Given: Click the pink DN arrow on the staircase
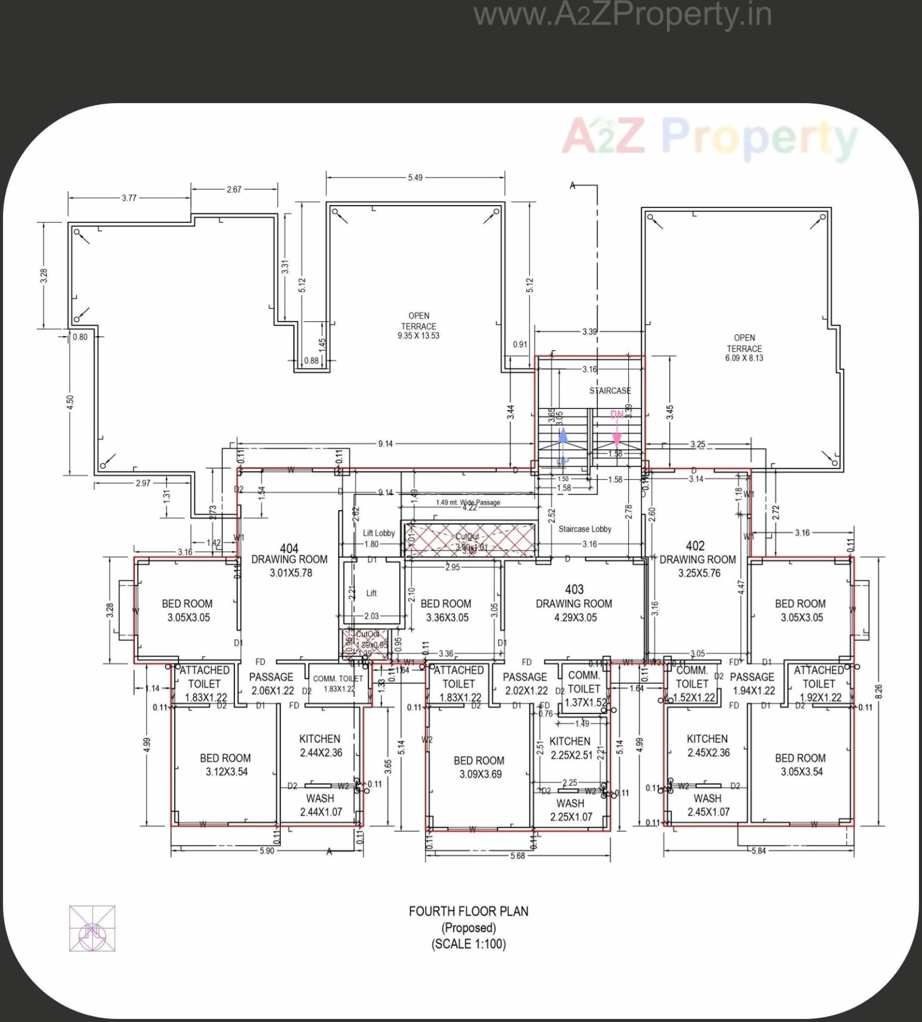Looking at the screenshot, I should click(x=616, y=439).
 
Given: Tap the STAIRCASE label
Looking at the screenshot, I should click(x=610, y=391).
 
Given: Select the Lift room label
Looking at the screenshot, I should click(x=371, y=593).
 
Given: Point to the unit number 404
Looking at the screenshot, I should click(x=289, y=548).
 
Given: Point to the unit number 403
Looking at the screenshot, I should click(x=574, y=589).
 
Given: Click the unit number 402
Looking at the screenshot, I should click(x=695, y=545).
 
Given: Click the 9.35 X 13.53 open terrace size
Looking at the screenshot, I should click(x=418, y=336).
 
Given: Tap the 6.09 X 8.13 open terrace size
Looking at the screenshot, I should click(x=744, y=358).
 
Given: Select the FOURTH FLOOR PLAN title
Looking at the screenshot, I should click(x=468, y=911).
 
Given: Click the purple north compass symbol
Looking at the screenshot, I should click(x=92, y=928).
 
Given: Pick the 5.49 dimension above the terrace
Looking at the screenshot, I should click(x=415, y=178).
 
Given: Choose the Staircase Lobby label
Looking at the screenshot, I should click(x=585, y=529).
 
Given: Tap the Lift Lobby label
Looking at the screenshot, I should click(x=379, y=533).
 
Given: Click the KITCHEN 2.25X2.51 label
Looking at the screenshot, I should click(x=570, y=748).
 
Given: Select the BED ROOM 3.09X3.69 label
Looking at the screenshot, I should click(x=479, y=768).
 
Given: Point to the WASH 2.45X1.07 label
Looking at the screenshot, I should click(x=708, y=805).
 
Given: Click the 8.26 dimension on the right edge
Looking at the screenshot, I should click(x=880, y=691).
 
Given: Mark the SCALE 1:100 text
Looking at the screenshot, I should click(x=468, y=944).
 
